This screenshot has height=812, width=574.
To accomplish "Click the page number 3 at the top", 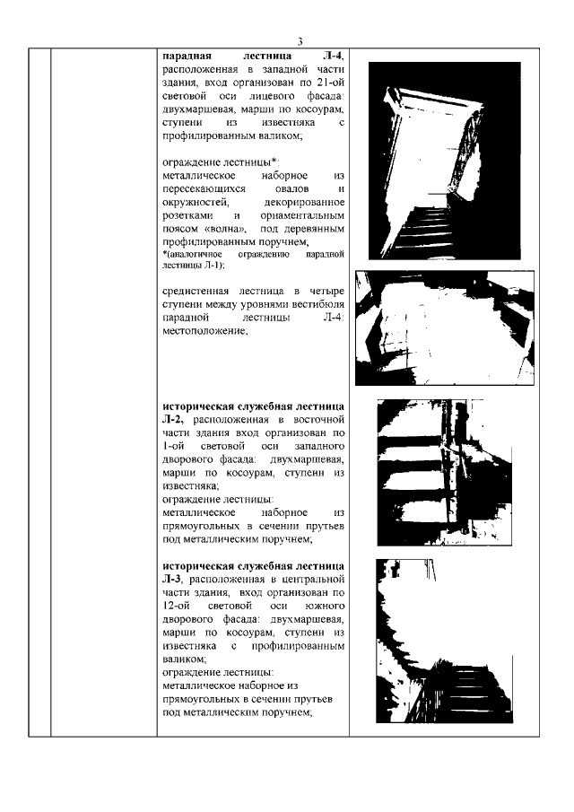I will pyautogui.click(x=300, y=40).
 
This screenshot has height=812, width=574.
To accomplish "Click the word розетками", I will pyautogui.click(x=188, y=216).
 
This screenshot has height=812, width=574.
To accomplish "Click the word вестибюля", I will pyautogui.click(x=316, y=305).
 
